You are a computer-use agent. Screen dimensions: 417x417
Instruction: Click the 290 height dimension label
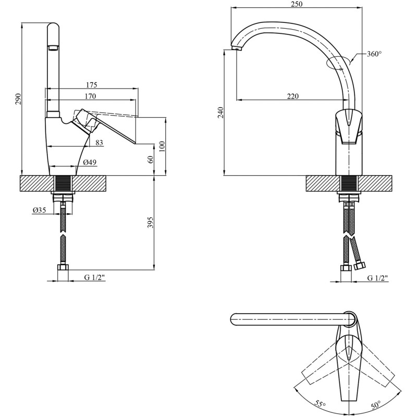18,99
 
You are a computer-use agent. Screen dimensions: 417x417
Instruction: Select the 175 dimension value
92,85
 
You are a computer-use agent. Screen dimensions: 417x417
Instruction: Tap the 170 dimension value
90,96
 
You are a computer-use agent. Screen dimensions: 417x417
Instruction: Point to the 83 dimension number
99,143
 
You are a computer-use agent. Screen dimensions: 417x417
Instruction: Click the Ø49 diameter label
90,162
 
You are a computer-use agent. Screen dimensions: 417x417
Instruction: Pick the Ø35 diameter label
40,210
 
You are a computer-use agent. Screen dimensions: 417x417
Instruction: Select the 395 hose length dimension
151,223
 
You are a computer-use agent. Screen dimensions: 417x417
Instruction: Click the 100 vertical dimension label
162,146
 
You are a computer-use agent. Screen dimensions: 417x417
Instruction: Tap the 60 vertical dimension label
151,160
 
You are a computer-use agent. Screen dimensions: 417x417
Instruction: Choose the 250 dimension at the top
297,4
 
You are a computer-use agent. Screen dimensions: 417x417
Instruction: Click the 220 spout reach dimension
293,96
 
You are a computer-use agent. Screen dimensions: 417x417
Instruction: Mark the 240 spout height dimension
220,113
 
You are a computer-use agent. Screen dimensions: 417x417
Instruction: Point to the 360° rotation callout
374,54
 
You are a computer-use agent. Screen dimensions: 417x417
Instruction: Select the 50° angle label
376,405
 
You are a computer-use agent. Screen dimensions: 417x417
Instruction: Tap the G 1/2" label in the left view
94,277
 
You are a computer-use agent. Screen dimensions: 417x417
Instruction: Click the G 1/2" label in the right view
377,278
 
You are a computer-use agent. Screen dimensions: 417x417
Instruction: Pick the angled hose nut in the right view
360,266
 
